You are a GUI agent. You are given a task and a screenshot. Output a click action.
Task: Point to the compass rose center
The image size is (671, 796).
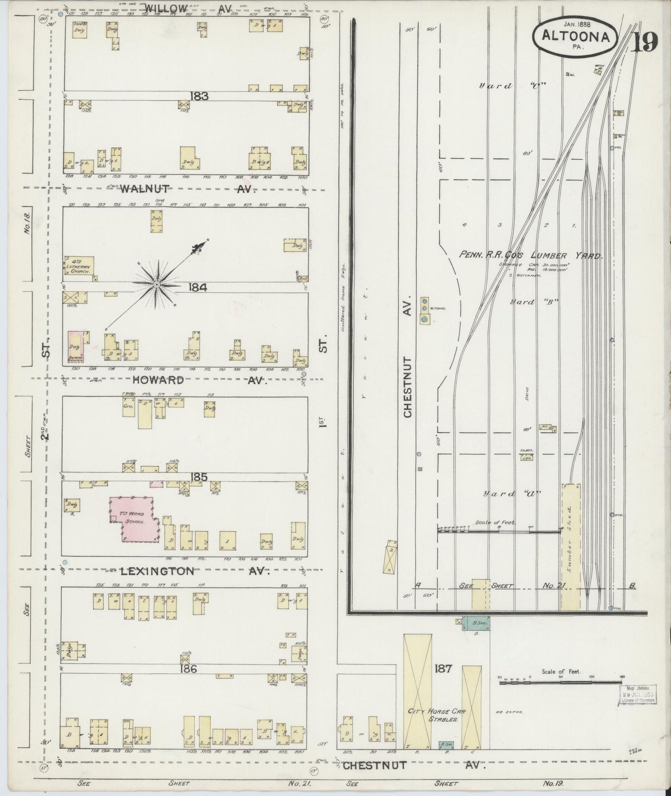157,284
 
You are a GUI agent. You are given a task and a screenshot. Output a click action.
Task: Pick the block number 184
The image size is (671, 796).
197,287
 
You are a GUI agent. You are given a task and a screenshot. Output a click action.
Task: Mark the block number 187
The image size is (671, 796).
443,669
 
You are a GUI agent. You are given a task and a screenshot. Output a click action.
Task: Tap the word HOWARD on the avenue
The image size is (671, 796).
151,380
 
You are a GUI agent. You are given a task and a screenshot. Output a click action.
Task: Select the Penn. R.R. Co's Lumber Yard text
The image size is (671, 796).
530,255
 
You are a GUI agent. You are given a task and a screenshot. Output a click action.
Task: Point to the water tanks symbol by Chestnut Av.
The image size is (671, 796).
424,311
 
